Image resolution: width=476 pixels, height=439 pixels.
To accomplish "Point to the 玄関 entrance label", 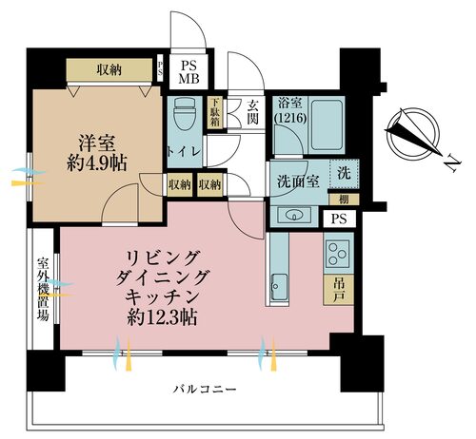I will point(254,112).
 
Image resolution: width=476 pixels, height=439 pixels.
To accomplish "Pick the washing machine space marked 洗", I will point(342,174).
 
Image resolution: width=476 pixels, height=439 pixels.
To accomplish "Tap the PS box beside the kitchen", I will point(339,219).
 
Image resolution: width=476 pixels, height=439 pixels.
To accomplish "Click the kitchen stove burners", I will point(339,253).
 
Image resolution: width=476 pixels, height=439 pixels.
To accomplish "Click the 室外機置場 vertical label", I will point(43,289).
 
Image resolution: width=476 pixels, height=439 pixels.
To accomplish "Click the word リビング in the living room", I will point(164,258).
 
